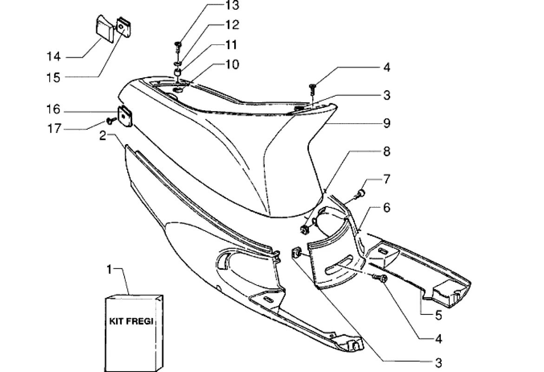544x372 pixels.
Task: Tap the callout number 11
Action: pos(231,45)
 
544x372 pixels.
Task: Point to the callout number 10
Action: pos(231,64)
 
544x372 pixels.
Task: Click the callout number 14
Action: pos(53,57)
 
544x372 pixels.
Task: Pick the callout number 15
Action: pos(53,77)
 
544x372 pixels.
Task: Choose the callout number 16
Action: pos(53,110)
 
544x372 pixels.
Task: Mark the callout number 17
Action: pos(53,129)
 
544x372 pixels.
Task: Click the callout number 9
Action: pos(387,124)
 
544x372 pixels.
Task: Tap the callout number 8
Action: pos(387,152)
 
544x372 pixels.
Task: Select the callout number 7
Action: pos(387,179)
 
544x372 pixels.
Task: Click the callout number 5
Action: pos(438,316)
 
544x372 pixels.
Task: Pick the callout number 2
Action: pos(102,136)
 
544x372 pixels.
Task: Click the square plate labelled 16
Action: pos(125,116)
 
